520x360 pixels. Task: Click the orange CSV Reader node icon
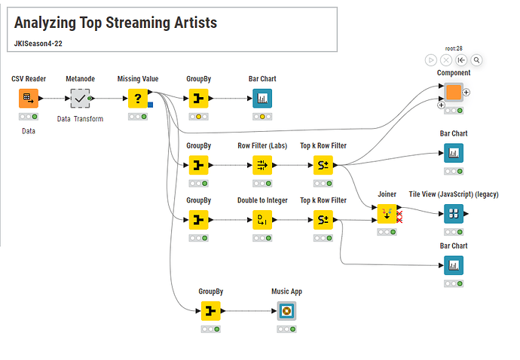(x=28, y=98)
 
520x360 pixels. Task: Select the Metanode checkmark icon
(x=80, y=98)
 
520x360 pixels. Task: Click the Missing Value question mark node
(x=137, y=98)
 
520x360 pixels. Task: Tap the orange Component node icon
(x=453, y=93)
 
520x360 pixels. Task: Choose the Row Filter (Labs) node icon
(x=262, y=164)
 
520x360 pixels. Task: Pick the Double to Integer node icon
(x=262, y=219)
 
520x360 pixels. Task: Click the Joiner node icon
(x=387, y=213)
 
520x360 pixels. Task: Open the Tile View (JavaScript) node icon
(x=454, y=213)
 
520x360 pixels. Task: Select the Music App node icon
(x=286, y=310)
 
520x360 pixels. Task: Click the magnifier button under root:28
(x=477, y=59)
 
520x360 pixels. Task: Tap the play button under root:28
(x=431, y=59)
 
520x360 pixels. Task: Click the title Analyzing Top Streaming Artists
(x=115, y=23)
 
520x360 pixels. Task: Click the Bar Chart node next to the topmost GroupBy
(x=262, y=98)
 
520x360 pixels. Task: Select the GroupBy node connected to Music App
(x=210, y=310)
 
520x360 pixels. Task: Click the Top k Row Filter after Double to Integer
(x=323, y=219)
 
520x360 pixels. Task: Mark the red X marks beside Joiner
(x=399, y=217)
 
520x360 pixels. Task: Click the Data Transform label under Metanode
(x=80, y=119)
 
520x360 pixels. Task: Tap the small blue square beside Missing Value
(x=150, y=104)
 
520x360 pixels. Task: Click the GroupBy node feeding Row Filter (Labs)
(x=198, y=164)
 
